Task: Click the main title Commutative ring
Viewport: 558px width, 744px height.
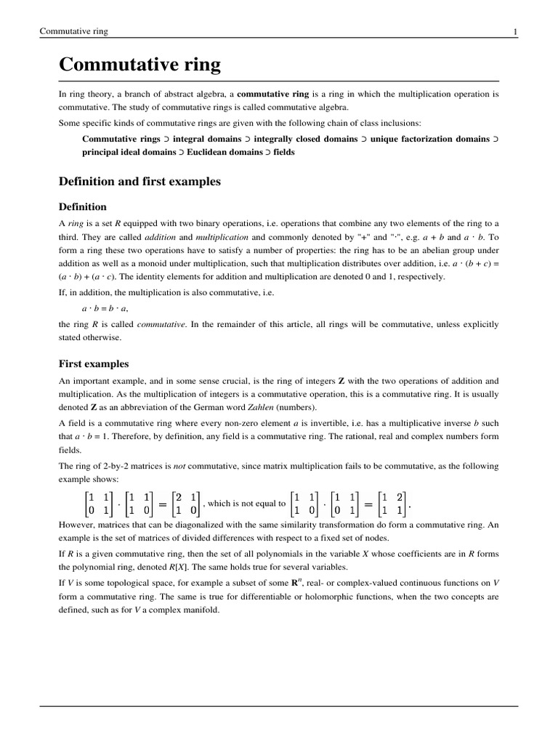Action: [x=139, y=65]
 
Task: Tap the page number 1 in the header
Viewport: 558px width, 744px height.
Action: [x=515, y=32]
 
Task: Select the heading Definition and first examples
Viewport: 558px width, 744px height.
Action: [x=139, y=181]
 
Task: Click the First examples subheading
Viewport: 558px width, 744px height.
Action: [x=94, y=363]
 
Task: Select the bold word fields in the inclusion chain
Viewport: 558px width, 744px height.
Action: [x=284, y=153]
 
